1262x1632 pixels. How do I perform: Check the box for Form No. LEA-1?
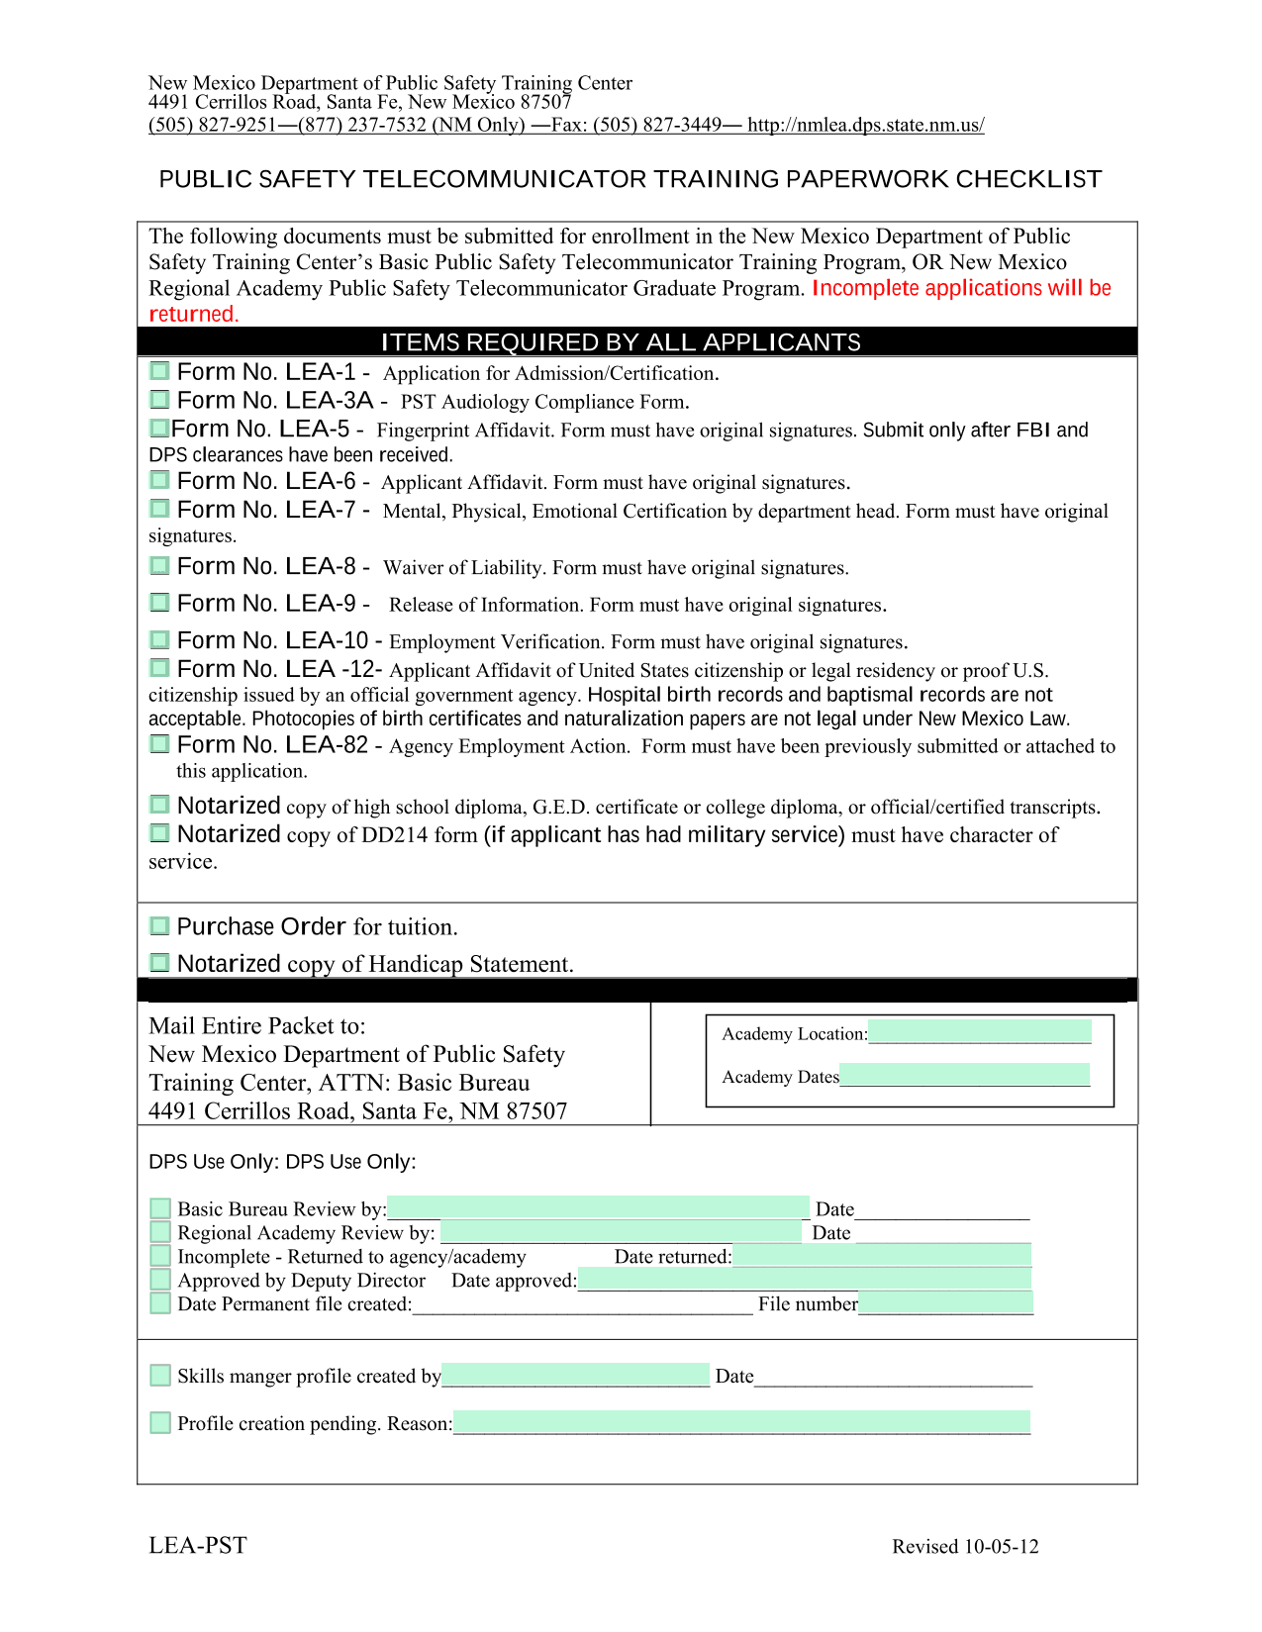159,371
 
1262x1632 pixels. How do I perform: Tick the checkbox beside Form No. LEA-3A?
159,400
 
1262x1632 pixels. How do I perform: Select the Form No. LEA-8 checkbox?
159,565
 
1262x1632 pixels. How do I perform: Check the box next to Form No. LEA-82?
159,743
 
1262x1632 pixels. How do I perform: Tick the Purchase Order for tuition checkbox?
159,926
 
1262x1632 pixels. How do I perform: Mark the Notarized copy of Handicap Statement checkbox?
159,962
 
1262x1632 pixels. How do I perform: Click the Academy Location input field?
979,1031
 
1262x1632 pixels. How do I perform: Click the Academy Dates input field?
964,1075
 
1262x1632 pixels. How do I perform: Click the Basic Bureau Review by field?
598,1206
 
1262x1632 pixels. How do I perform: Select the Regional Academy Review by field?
621,1230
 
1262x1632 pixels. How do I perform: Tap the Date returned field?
882,1255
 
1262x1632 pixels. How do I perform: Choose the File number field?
945,1302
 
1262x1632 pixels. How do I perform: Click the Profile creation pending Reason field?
741,1422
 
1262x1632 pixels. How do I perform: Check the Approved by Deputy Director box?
160,1280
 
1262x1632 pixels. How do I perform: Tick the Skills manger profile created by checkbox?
160,1375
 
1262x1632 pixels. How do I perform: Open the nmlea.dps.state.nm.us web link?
865,125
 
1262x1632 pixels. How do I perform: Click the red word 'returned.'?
194,315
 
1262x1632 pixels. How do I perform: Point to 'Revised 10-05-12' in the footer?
965,1547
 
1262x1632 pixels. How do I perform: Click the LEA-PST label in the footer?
198,1546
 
